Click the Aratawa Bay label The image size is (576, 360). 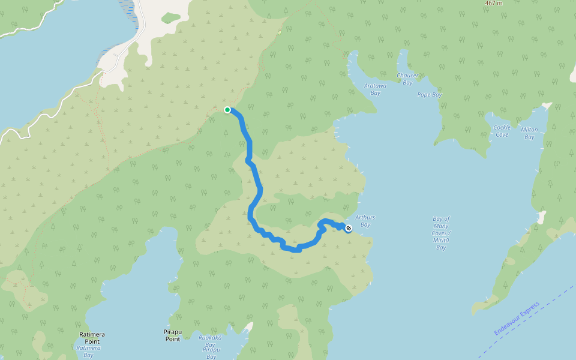[x=376, y=89]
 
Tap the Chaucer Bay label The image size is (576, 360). [x=407, y=79]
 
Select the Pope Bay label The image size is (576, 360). [x=429, y=95]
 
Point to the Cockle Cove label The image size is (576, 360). [x=502, y=131]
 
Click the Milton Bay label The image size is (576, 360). [x=529, y=133]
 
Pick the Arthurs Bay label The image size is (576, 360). [x=365, y=221]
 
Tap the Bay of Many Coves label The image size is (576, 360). [x=441, y=233]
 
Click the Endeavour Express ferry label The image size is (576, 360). [x=517, y=319]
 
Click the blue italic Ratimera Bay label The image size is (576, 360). [x=88, y=351]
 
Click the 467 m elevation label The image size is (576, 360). [x=493, y=3]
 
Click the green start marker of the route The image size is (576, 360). [x=227, y=110]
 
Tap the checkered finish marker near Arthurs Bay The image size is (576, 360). [x=349, y=228]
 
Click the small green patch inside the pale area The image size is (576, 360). [x=171, y=18]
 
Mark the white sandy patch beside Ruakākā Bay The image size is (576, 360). [x=248, y=328]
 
